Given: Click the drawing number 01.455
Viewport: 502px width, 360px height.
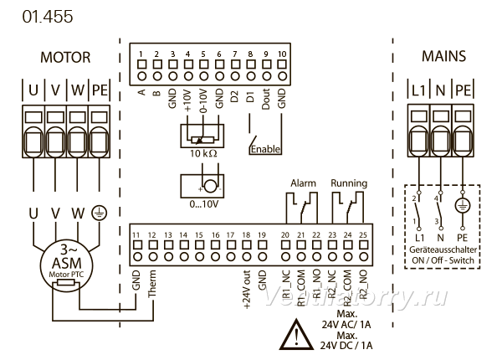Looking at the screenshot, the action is (48, 17).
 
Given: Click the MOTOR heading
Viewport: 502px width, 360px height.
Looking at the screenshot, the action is (65, 57).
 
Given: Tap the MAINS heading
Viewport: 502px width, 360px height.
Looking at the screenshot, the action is (443, 56).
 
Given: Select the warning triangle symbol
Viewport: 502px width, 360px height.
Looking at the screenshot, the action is (296, 334).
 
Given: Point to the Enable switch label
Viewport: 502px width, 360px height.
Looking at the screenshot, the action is (265, 149).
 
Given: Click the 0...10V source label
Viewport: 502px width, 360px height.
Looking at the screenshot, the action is (203, 204).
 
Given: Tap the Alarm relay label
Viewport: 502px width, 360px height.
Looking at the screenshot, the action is (303, 183).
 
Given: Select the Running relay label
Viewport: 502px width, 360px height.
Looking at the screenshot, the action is (349, 183).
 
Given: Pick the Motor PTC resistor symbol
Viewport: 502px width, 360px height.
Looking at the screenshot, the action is (65, 283).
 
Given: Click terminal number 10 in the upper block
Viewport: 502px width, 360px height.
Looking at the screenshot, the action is (282, 54).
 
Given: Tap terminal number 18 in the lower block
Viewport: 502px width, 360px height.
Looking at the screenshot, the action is (246, 235).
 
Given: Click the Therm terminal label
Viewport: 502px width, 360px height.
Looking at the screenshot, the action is (151, 284).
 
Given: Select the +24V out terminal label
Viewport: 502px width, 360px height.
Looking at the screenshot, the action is (247, 290).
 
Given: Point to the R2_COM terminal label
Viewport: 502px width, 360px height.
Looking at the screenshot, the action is (348, 289).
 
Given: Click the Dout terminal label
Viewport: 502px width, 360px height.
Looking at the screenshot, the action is (266, 100).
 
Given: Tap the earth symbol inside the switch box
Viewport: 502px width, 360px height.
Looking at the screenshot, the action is (463, 205).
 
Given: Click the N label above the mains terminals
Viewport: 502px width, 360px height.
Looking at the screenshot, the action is (441, 90).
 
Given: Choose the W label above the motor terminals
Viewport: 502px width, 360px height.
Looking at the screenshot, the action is (78, 90).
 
